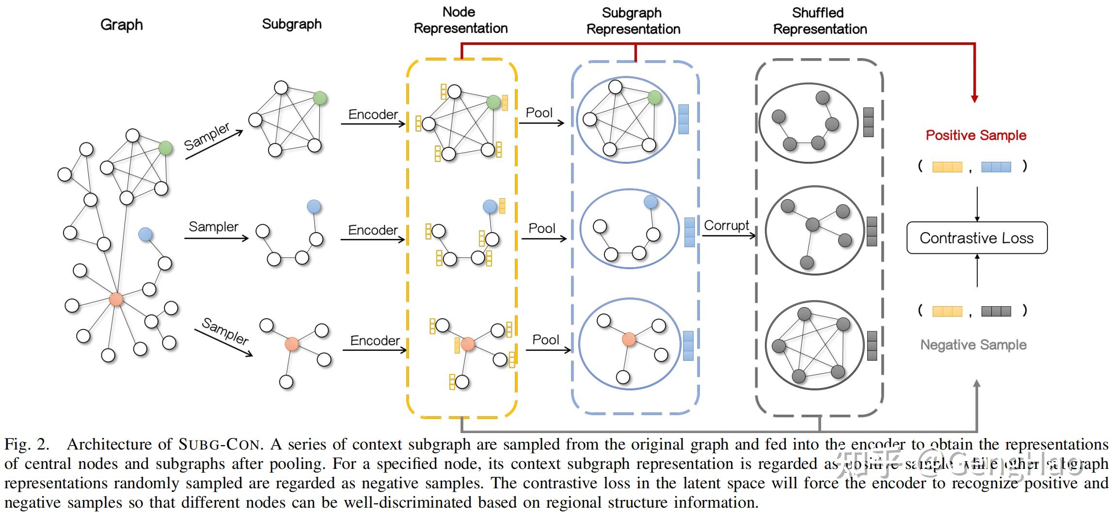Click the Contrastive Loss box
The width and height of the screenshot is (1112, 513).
[x=976, y=238]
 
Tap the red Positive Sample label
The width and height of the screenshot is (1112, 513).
[x=976, y=135]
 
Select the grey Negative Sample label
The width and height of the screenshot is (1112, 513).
[x=973, y=345]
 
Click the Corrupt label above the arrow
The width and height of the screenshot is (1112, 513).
[x=726, y=225]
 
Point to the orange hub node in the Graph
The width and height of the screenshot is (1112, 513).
[x=116, y=299]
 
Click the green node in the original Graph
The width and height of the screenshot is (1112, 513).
[x=165, y=148]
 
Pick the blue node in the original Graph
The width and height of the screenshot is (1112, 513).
[x=145, y=234]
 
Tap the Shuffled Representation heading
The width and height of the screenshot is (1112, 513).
[x=820, y=21]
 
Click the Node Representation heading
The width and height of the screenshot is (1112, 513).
[x=461, y=20]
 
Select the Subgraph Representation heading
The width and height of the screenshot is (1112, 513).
[x=633, y=21]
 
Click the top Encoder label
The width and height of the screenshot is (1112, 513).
[x=373, y=114]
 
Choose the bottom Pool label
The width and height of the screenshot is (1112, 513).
[x=545, y=340]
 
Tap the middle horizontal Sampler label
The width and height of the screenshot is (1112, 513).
[x=213, y=227]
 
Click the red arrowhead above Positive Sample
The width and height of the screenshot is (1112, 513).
[x=974, y=99]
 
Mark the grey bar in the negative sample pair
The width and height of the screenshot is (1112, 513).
[x=996, y=311]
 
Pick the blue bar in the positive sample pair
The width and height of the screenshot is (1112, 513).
[x=996, y=167]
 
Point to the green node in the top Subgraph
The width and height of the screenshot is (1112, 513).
[x=319, y=98]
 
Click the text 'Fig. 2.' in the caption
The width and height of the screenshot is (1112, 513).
[x=27, y=444]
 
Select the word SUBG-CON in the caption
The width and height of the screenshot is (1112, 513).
[x=221, y=444]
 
